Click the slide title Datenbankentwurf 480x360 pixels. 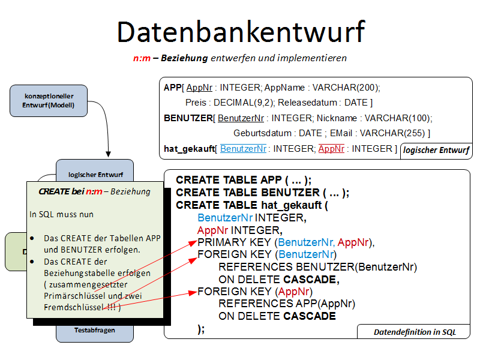(240, 32)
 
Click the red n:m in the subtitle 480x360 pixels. (142, 58)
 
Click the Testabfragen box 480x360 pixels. (94, 330)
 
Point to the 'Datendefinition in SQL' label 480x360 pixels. (415, 332)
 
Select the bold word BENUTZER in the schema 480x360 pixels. (188, 118)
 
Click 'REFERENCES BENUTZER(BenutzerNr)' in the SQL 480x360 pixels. (317, 267)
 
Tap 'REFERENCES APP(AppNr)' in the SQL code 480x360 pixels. (287, 304)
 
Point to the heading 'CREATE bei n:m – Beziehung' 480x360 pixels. (94, 192)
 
